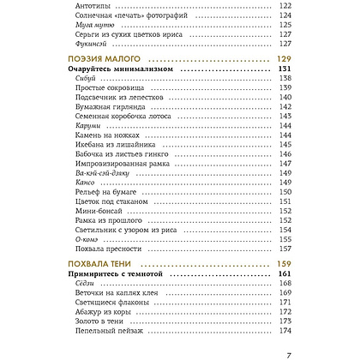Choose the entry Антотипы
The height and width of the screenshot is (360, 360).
[x=84, y=5]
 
